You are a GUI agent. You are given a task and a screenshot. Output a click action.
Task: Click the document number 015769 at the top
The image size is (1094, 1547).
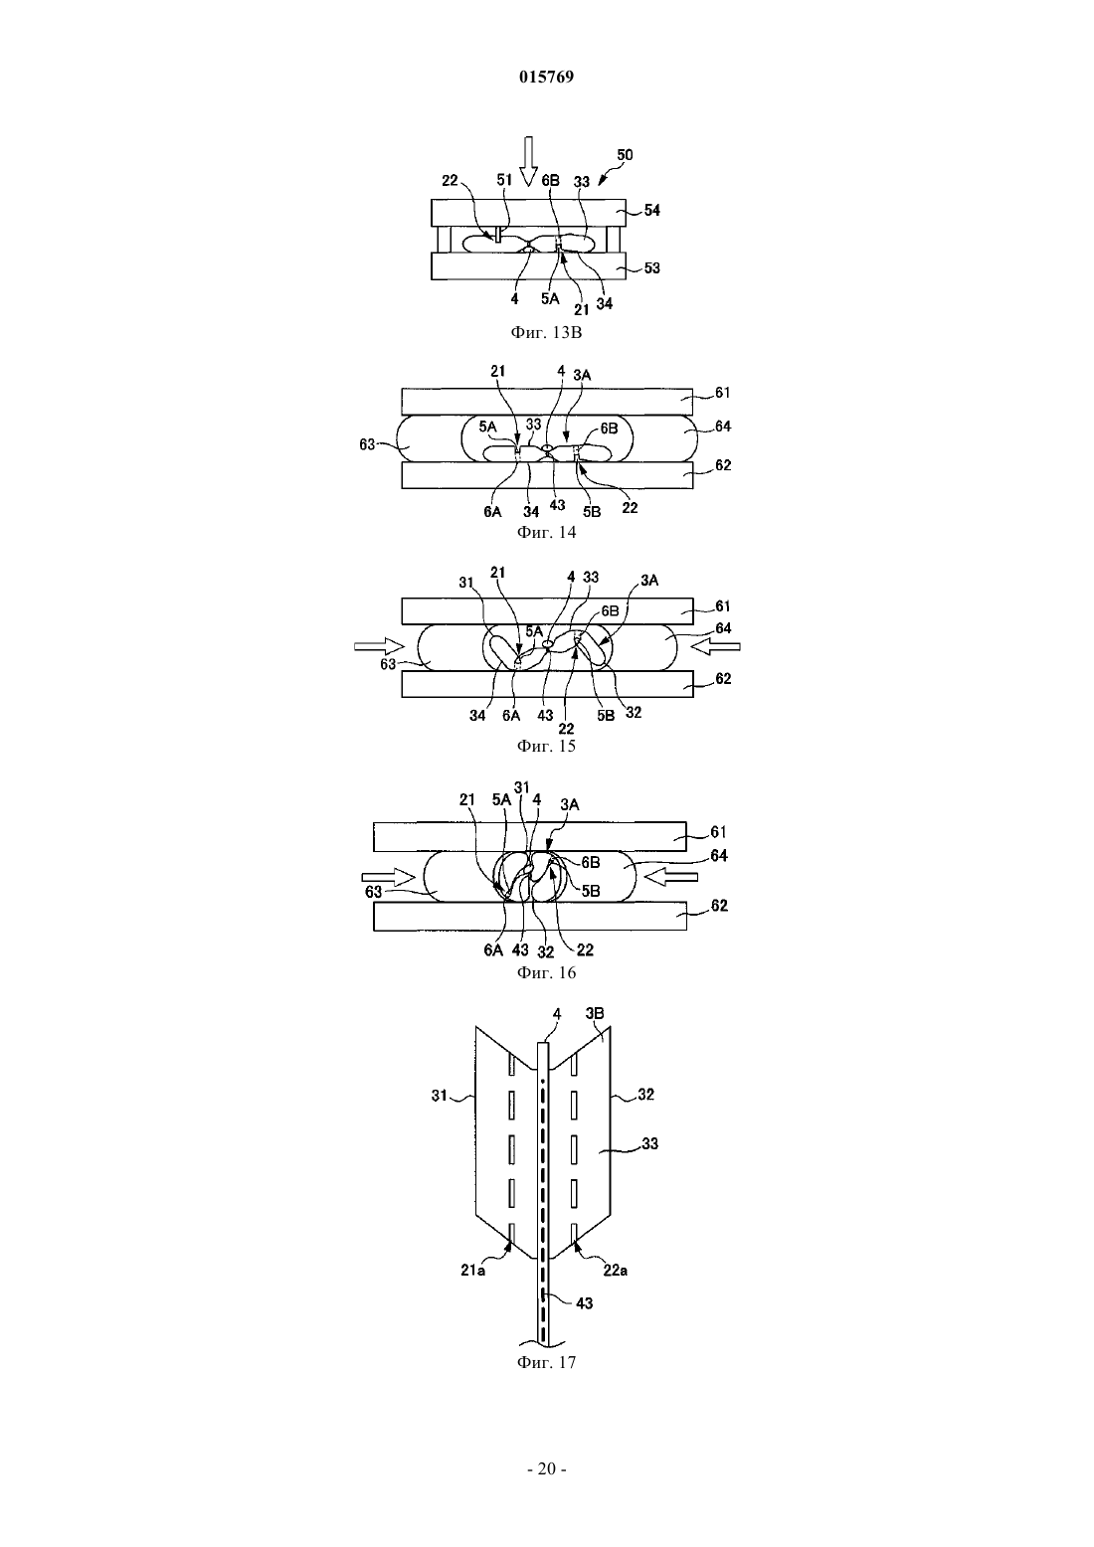pyautogui.click(x=546, y=77)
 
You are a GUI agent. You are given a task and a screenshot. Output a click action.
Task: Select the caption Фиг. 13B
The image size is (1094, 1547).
pyautogui.click(x=546, y=332)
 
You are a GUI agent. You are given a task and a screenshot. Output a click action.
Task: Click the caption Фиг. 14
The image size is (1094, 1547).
pyautogui.click(x=546, y=532)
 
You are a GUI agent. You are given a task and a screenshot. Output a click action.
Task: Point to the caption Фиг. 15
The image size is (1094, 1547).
pyautogui.click(x=546, y=746)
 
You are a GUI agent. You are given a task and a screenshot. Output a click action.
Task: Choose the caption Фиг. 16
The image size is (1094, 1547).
pyautogui.click(x=546, y=972)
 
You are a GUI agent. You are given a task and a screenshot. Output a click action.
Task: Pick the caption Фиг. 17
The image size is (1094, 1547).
pyautogui.click(x=546, y=1362)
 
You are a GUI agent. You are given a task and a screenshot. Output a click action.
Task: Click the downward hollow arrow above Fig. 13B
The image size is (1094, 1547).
pyautogui.click(x=528, y=162)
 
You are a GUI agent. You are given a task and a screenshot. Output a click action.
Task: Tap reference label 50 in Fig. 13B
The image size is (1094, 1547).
pyautogui.click(x=625, y=155)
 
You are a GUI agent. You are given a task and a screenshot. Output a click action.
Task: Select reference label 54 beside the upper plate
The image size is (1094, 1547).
pyautogui.click(x=652, y=210)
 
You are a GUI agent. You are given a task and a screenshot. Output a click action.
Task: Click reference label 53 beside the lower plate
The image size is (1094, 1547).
pyautogui.click(x=652, y=268)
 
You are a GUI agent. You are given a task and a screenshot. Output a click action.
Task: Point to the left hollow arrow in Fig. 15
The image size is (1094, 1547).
pyautogui.click(x=379, y=646)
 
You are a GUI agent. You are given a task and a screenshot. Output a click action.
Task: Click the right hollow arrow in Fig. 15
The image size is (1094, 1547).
pyautogui.click(x=715, y=646)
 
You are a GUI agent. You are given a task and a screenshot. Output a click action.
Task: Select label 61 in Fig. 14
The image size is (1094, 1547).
pyautogui.click(x=722, y=393)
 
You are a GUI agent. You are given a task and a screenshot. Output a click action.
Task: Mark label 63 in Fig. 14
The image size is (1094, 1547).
pyautogui.click(x=367, y=444)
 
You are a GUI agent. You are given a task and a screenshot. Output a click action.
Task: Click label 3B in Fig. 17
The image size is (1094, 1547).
pyautogui.click(x=595, y=1013)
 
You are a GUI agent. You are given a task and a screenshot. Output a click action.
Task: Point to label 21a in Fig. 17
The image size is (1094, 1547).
pyautogui.click(x=473, y=1270)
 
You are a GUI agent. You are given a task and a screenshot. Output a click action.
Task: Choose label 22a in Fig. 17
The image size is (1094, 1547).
pyautogui.click(x=615, y=1270)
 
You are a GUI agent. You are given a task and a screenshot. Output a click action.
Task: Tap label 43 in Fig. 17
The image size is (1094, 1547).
pyautogui.click(x=585, y=1302)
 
